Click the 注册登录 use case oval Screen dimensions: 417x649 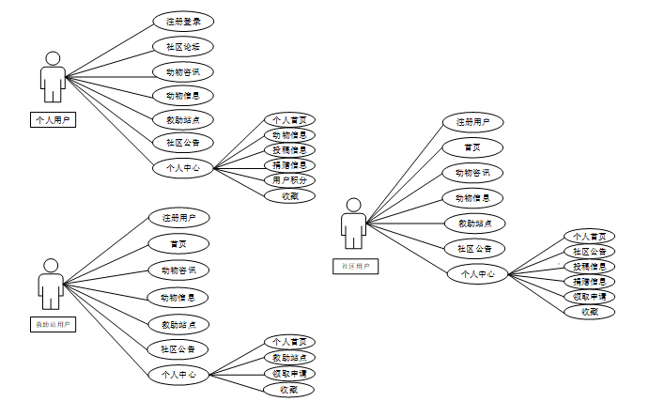[182, 22]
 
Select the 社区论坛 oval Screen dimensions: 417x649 [182, 46]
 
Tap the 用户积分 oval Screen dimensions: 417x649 [288, 180]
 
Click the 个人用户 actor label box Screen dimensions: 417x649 [53, 119]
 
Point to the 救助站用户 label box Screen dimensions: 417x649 [53, 324]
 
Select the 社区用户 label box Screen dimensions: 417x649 [353, 267]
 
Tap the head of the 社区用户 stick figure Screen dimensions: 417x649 [353, 205]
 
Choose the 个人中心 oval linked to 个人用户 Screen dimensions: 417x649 [182, 168]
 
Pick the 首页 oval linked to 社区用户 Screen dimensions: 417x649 [472, 147]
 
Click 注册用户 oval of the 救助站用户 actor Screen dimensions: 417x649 [178, 218]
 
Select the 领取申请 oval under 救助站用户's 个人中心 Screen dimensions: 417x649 [288, 374]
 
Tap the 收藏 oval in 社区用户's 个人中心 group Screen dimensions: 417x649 [589, 312]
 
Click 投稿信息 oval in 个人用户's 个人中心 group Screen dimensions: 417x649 [288, 150]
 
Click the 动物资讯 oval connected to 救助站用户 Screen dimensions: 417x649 [178, 270]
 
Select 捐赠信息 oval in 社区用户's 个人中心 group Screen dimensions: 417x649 [589, 282]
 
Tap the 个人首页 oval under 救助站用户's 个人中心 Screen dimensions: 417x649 [288, 342]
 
